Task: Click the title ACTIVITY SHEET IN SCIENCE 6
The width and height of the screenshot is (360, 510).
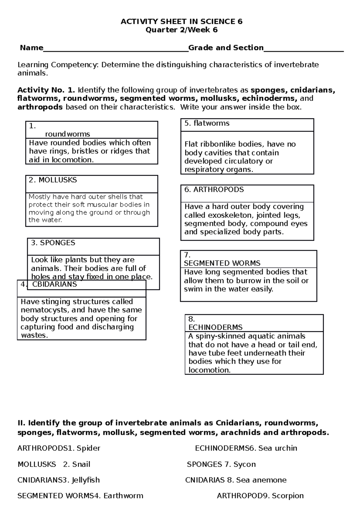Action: (x=181, y=22)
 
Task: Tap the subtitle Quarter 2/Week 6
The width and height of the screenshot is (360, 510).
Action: (x=181, y=30)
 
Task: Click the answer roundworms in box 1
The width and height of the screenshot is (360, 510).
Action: (x=67, y=134)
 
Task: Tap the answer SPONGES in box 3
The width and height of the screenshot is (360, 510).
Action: (x=58, y=243)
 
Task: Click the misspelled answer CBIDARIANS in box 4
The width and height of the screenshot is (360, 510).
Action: (x=55, y=284)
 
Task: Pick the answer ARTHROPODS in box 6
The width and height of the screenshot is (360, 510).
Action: (x=218, y=190)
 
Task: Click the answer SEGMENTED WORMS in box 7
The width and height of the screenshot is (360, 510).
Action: (x=222, y=263)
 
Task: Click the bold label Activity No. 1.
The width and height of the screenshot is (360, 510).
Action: (x=46, y=90)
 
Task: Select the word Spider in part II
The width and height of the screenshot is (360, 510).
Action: (x=88, y=448)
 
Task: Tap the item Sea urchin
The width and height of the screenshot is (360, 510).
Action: (x=278, y=448)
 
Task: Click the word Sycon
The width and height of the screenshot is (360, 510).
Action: (x=244, y=464)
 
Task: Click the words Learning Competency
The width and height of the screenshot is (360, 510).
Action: (x=58, y=65)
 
